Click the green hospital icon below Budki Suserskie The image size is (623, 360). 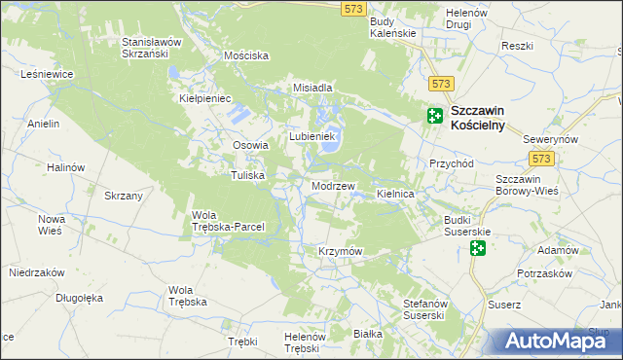[477, 249]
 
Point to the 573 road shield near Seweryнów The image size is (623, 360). [542, 158]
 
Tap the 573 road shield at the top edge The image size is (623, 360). [353, 8]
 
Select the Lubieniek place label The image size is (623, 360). [311, 136]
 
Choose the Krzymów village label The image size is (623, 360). [340, 252]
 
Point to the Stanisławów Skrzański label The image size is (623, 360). [152, 49]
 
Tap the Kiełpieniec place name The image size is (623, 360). [204, 98]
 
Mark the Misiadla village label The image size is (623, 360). [314, 88]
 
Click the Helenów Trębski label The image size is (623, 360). [303, 342]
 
